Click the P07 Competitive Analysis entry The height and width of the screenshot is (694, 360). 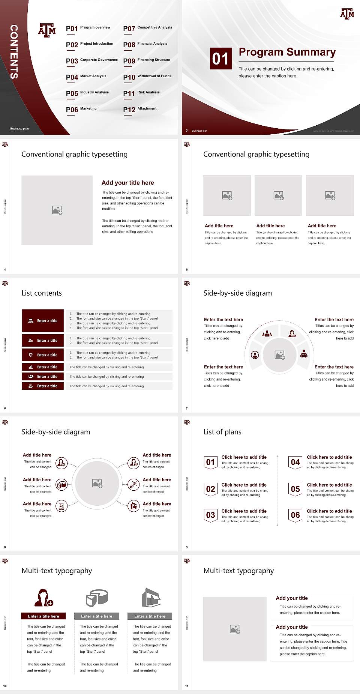(148, 29)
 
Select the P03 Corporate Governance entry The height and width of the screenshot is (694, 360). (92, 61)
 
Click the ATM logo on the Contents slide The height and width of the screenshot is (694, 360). (47, 30)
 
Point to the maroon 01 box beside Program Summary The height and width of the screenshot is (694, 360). (220, 59)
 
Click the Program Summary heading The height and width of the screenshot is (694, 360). (287, 52)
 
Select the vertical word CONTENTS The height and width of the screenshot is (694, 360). (14, 52)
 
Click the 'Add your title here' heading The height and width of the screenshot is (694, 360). (127, 183)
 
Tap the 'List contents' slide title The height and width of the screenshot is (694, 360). (42, 293)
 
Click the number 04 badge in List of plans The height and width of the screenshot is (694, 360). (295, 462)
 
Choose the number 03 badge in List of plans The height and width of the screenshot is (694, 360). (211, 515)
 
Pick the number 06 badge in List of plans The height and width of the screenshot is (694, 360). (295, 515)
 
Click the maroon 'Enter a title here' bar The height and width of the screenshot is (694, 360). (43, 616)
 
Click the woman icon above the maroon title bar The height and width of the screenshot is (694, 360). (43, 598)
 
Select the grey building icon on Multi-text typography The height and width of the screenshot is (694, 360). (151, 598)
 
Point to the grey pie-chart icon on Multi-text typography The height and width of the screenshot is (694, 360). (97, 598)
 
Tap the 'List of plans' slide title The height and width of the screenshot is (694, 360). (222, 432)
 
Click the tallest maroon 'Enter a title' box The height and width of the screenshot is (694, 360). (43, 321)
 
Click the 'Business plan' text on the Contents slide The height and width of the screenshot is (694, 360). (19, 129)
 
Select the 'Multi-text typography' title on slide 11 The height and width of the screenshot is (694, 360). (238, 571)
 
